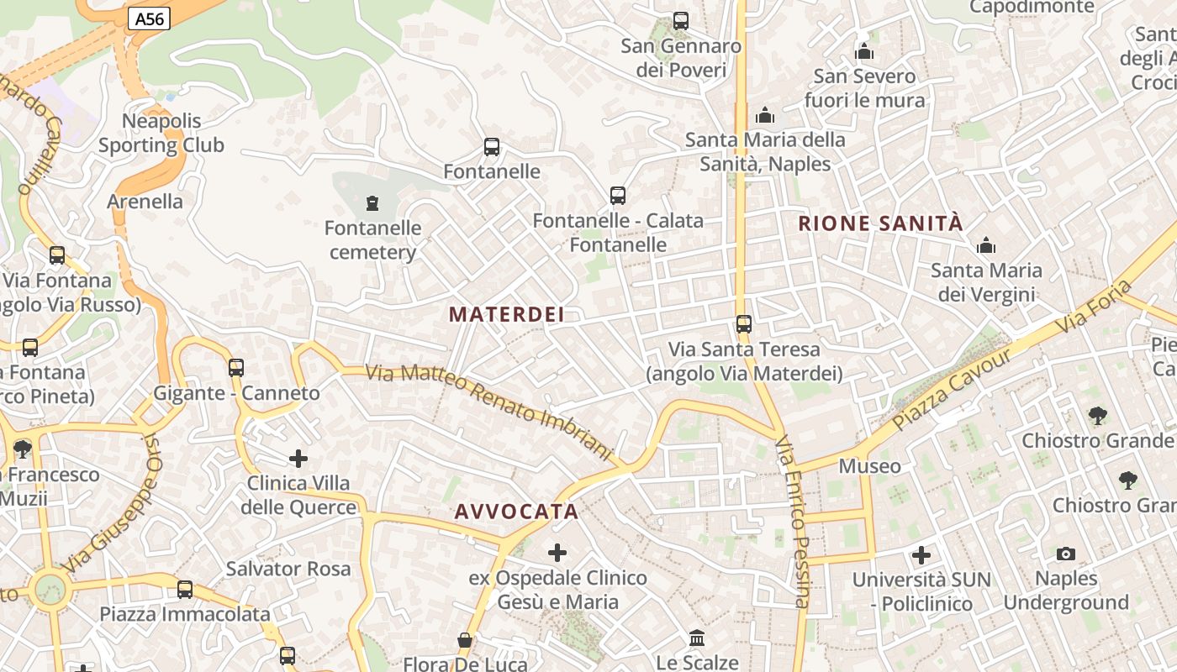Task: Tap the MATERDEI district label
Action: click(x=506, y=314)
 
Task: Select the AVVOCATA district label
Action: click(x=516, y=512)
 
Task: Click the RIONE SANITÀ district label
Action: click(x=880, y=223)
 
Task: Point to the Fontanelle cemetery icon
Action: click(x=372, y=202)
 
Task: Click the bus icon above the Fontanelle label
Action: click(x=492, y=147)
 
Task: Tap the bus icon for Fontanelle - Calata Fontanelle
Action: click(x=618, y=196)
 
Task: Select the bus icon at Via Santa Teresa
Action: click(x=743, y=323)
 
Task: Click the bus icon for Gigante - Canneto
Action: click(x=236, y=367)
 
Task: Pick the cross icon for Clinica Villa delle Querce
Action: click(x=298, y=459)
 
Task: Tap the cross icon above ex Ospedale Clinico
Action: click(x=557, y=553)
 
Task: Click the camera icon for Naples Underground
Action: click(x=1066, y=554)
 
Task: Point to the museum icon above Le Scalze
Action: click(x=697, y=638)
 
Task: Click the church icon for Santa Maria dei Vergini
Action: click(x=986, y=246)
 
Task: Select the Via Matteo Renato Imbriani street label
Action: click(x=490, y=412)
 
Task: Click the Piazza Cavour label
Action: click(x=952, y=389)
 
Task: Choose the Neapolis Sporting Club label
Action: click(x=161, y=133)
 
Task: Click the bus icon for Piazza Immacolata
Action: click(x=185, y=590)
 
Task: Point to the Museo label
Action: click(x=869, y=466)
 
